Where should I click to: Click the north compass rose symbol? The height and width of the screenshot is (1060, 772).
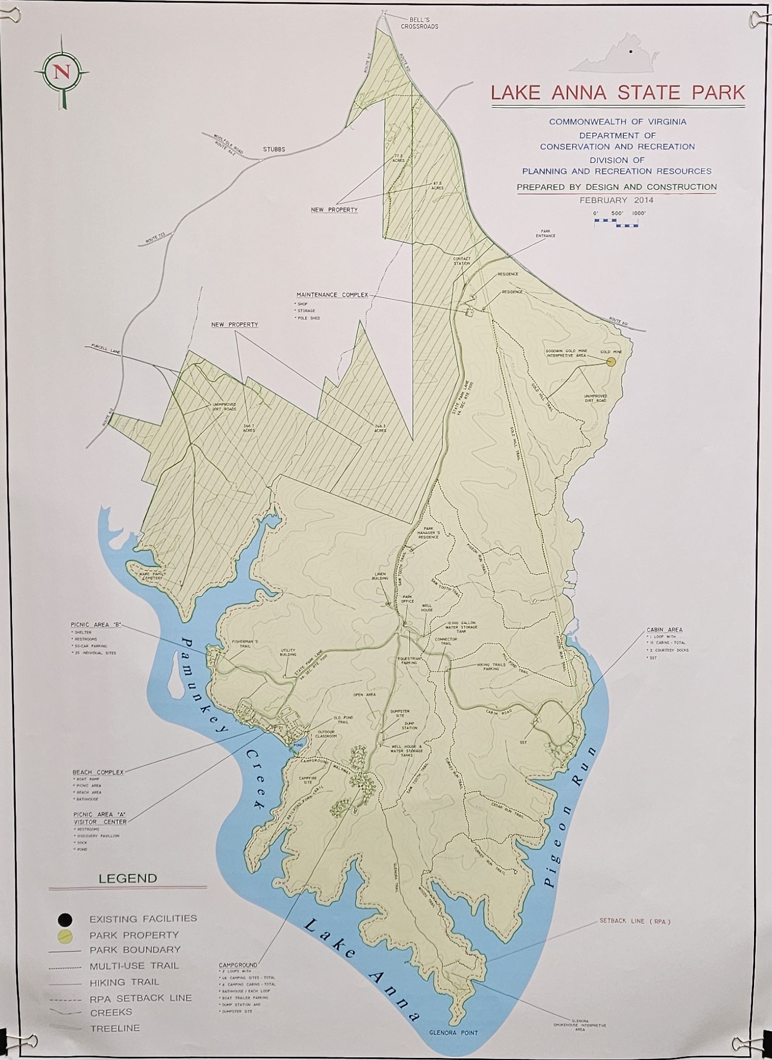click(x=62, y=73)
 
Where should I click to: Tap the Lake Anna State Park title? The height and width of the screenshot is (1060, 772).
click(x=617, y=92)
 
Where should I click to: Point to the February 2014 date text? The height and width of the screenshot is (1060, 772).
click(x=617, y=200)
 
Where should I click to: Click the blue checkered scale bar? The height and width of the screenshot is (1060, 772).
click(x=616, y=222)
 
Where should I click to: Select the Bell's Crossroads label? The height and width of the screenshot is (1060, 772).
click(x=419, y=23)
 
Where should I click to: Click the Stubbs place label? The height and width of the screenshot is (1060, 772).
click(x=274, y=149)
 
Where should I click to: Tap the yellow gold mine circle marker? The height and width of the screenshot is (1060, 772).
click(x=611, y=361)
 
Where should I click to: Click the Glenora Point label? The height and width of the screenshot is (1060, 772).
click(x=453, y=1033)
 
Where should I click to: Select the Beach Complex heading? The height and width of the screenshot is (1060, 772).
click(x=98, y=772)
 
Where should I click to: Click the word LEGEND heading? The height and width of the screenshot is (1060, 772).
click(x=127, y=878)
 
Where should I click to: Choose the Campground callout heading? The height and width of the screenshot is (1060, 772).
click(x=238, y=965)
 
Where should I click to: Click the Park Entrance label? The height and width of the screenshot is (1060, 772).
click(x=545, y=233)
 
